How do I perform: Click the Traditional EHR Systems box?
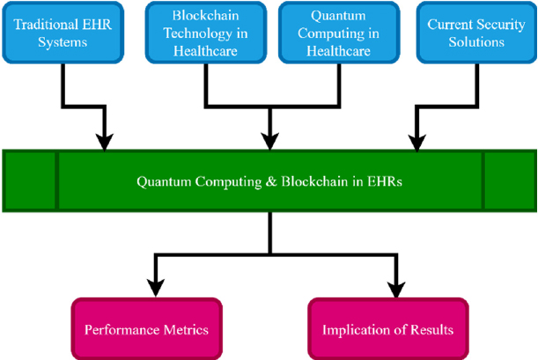(x=63, y=33)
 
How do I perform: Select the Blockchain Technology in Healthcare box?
(x=206, y=33)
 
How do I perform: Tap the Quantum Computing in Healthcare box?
(x=339, y=33)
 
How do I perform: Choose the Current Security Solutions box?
(x=476, y=33)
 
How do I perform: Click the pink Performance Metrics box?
(x=146, y=329)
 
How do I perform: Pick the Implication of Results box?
(x=388, y=329)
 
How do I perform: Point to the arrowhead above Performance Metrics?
(x=156, y=288)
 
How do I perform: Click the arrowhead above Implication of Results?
(x=396, y=289)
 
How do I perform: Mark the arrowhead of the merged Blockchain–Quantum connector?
(x=270, y=142)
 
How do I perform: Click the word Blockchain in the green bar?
(x=314, y=181)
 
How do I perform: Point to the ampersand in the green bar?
(x=271, y=181)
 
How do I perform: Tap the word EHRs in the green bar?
(x=385, y=181)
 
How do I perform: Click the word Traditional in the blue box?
(x=43, y=25)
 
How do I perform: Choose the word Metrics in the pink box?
(x=186, y=329)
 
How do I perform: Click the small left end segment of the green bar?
(x=30, y=180)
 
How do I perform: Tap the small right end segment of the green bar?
(x=510, y=180)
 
